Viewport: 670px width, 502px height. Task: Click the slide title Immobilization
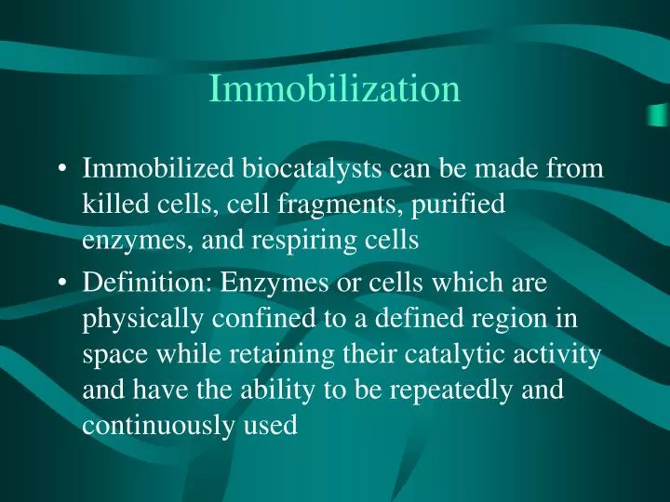(335, 88)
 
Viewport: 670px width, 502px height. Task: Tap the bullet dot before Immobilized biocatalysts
(61, 170)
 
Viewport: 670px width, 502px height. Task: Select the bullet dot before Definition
(61, 284)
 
